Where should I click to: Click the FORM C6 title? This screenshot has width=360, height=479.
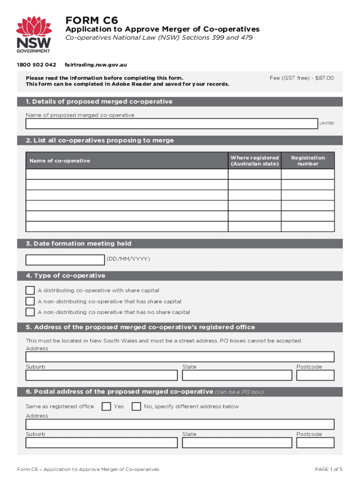[x=92, y=20]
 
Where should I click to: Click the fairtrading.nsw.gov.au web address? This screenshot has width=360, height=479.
[x=96, y=65]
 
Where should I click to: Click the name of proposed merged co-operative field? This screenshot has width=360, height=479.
[x=172, y=123]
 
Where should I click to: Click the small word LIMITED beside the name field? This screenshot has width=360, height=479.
[x=326, y=123]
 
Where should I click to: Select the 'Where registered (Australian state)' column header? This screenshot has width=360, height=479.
[x=254, y=160]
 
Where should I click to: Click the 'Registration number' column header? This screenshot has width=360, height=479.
[x=308, y=160]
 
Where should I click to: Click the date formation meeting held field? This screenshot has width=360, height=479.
[x=65, y=260]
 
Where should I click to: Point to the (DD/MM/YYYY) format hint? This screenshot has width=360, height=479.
[x=129, y=259]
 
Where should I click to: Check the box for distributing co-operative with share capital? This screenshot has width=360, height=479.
[x=30, y=290]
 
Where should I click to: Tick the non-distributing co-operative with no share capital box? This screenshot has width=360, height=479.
[x=30, y=312]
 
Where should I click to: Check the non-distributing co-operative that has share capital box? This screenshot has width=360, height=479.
[x=30, y=301]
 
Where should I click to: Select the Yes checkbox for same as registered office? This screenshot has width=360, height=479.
[x=107, y=406]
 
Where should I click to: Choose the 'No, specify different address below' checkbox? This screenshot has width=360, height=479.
[x=136, y=406]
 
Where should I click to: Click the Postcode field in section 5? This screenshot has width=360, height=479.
[x=315, y=375]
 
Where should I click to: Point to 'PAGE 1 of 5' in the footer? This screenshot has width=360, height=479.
[x=329, y=469]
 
